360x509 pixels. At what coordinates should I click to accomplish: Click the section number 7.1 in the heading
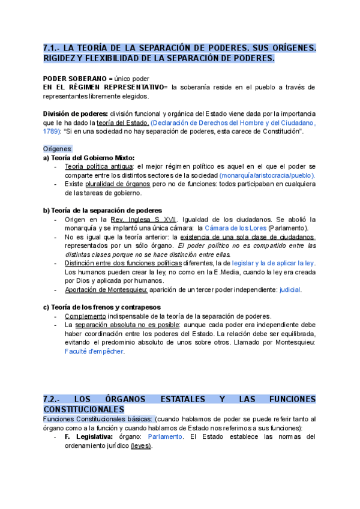tap(51, 47)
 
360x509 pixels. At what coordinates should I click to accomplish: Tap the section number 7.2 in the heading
tap(51, 399)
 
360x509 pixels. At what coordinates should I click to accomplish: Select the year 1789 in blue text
tap(52, 131)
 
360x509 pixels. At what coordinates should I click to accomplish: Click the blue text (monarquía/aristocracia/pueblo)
tap(267, 175)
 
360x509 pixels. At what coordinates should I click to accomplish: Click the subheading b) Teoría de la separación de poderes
tap(102, 210)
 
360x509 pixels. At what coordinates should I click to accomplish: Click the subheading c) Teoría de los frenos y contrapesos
tap(102, 307)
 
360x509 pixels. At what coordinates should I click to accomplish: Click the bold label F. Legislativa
tap(88, 437)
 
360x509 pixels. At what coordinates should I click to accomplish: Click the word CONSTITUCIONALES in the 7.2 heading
tap(83, 409)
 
